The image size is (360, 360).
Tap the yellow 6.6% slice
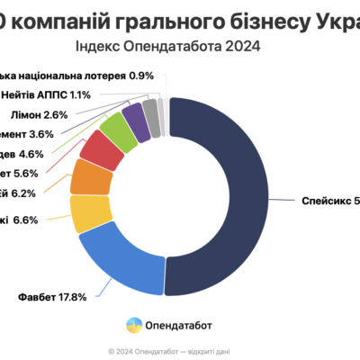click(91, 213)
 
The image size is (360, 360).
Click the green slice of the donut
click(118, 130)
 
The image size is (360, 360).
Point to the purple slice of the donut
click(136, 119)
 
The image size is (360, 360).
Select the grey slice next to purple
click(151, 114)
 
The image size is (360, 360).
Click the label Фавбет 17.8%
click(51, 296)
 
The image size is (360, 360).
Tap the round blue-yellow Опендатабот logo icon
click(134, 323)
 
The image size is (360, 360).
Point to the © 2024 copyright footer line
click(180, 350)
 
